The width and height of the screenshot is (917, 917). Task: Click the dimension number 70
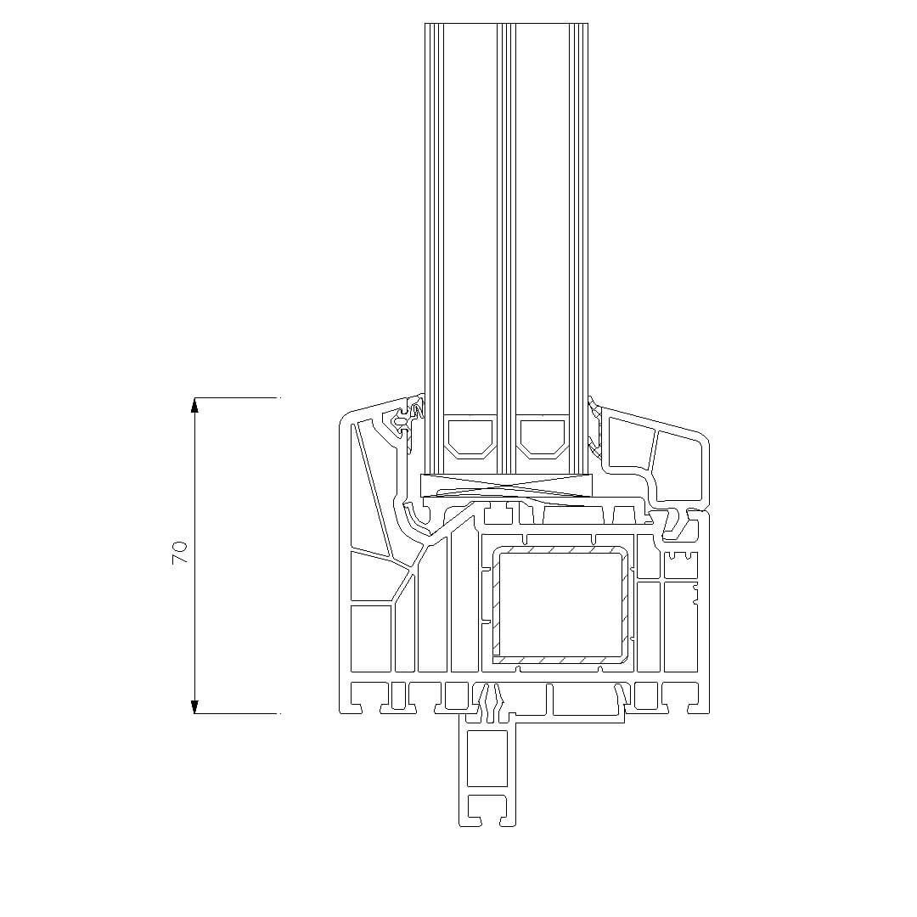(x=180, y=553)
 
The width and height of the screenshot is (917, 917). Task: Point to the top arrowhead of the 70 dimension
(x=194, y=405)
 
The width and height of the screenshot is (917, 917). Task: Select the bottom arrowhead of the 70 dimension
(x=194, y=706)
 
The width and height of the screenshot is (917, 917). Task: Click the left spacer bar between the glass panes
(x=470, y=436)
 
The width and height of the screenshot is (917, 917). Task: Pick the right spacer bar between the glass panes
(x=543, y=436)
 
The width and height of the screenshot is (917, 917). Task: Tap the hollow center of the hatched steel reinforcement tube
(x=560, y=605)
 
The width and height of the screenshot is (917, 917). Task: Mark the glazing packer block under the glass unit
(x=506, y=484)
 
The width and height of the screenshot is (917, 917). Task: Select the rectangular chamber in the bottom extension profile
(x=487, y=758)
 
